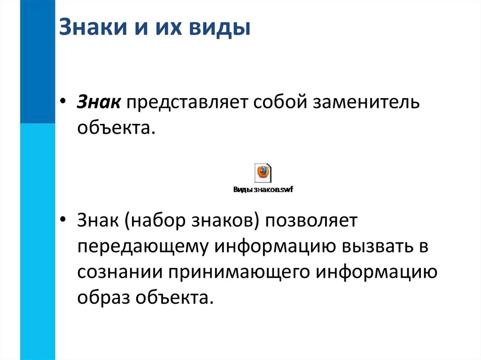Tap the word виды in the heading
[x=219, y=28]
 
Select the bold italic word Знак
[x=100, y=102]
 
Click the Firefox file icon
[x=263, y=173]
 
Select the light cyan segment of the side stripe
[x=38, y=235]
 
